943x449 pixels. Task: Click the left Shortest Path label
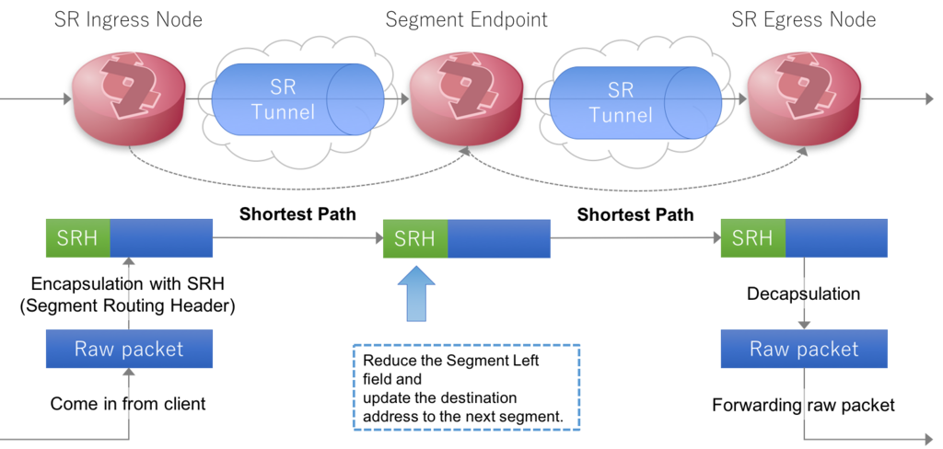click(297, 215)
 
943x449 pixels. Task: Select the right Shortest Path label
click(634, 215)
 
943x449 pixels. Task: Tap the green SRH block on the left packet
click(77, 237)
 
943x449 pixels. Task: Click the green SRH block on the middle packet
click(414, 238)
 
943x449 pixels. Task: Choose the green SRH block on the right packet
click(752, 237)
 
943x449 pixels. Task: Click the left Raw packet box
click(129, 349)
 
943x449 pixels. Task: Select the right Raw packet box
click(804, 349)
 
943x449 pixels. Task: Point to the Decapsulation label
click(803, 294)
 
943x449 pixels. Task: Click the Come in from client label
click(128, 403)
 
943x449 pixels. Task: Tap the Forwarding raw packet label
click(804, 404)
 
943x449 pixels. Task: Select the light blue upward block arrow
click(414, 294)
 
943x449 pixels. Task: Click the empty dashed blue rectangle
click(466, 386)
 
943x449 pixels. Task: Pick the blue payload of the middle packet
click(499, 238)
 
